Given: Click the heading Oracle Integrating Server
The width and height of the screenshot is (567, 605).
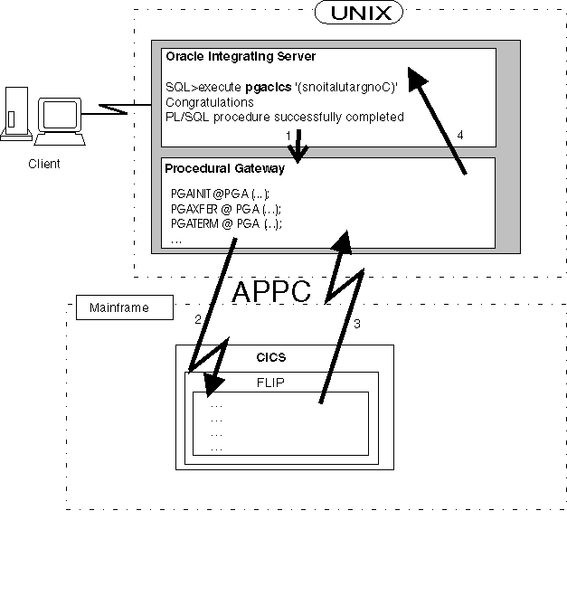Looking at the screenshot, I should pyautogui.click(x=240, y=57).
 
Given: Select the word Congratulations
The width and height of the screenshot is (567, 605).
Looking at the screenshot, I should pyautogui.click(x=210, y=102).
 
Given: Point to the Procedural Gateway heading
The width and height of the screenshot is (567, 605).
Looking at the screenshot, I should pyautogui.click(x=224, y=168).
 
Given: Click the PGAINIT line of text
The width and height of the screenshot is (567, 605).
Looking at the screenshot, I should pyautogui.click(x=220, y=194).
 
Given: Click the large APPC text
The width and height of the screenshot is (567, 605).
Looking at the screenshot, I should pyautogui.click(x=271, y=291).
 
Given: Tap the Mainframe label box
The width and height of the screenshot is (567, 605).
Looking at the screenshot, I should pyautogui.click(x=118, y=308).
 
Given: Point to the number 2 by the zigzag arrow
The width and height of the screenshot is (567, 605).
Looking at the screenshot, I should pyautogui.click(x=197, y=319).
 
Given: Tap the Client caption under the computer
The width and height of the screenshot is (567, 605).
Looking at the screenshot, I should pyautogui.click(x=43, y=164).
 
